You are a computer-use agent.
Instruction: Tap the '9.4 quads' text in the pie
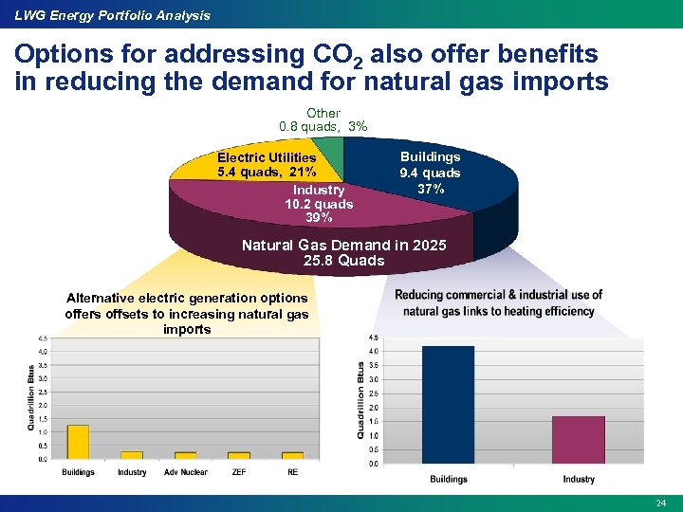click(x=430, y=173)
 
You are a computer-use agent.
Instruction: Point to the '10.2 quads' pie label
click(x=319, y=204)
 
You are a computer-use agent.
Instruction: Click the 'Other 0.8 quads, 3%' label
click(x=323, y=119)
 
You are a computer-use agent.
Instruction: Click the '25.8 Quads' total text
click(x=343, y=261)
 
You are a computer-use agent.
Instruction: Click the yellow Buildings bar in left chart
click(x=78, y=441)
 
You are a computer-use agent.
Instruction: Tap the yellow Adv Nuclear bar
click(x=185, y=455)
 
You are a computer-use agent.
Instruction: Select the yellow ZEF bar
click(x=239, y=455)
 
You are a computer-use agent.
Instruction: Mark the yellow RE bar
click(x=292, y=455)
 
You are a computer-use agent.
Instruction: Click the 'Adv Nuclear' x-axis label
click(x=185, y=472)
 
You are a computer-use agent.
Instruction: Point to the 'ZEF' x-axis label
click(x=239, y=472)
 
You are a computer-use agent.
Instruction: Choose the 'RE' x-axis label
click(x=292, y=472)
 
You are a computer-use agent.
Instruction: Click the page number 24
click(x=661, y=501)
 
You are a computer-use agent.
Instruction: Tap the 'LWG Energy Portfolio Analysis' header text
click(x=112, y=15)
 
